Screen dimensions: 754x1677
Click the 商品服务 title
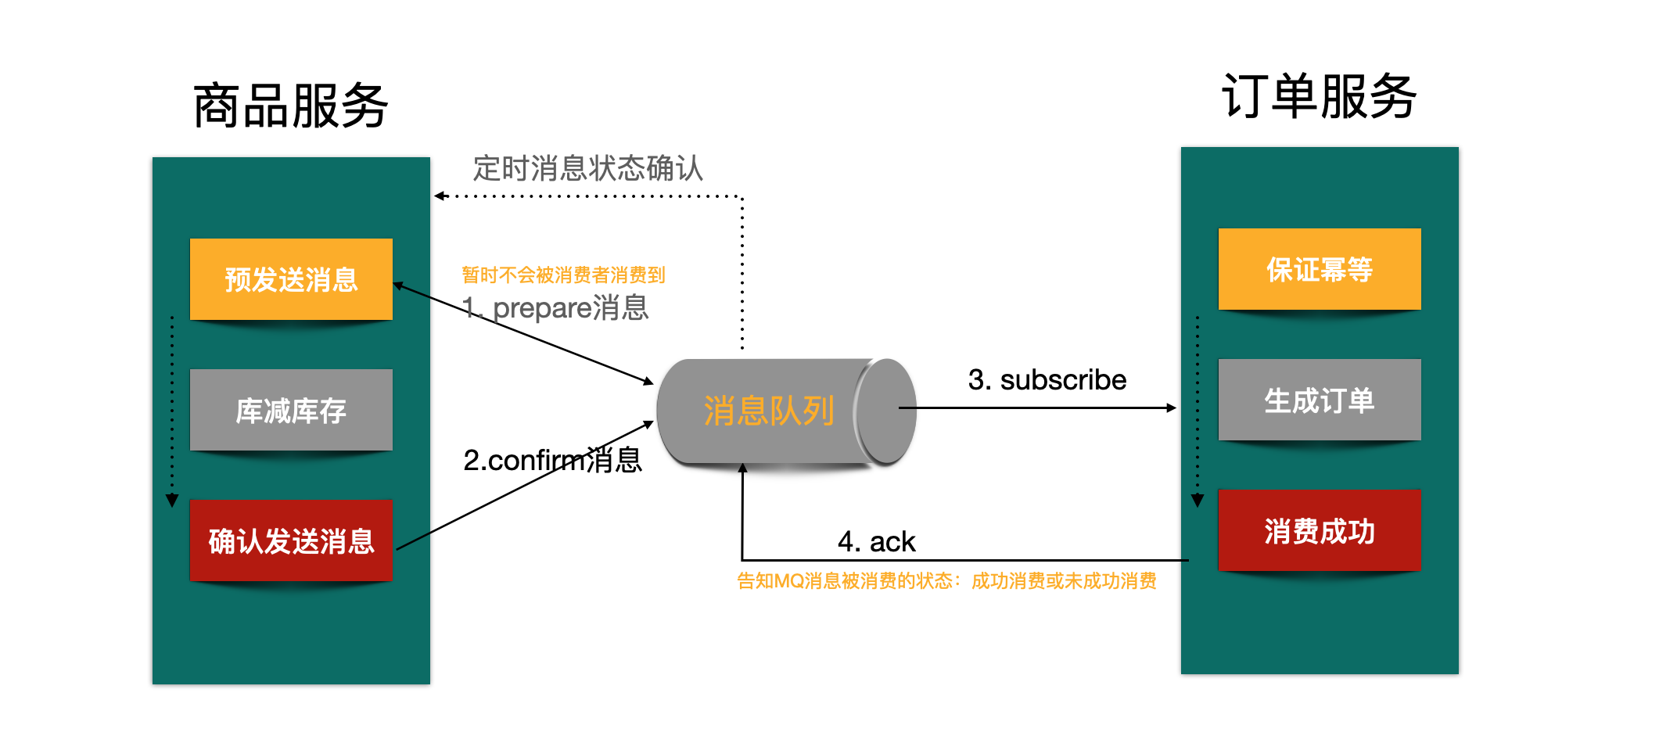click(x=290, y=106)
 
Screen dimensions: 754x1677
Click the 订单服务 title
click(x=1319, y=97)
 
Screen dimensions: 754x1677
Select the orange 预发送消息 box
click(x=291, y=279)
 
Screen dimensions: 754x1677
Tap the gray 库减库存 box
click(x=291, y=410)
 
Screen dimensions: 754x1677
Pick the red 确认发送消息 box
click(x=291, y=540)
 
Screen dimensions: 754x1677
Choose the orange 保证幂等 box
click(x=1320, y=269)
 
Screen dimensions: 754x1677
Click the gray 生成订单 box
click(x=1320, y=400)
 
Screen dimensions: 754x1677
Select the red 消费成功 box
click(x=1320, y=530)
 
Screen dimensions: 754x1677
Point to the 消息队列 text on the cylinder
click(x=769, y=411)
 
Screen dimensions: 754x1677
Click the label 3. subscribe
click(x=1047, y=380)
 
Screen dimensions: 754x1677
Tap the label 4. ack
click(x=876, y=541)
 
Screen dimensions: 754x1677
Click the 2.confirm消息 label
click(x=552, y=460)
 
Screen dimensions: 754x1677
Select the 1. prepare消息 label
click(x=555, y=307)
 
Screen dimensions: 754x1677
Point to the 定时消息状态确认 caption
click(x=588, y=168)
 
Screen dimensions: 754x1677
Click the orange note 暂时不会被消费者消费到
click(x=563, y=275)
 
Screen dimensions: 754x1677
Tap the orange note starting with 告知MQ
click(x=946, y=581)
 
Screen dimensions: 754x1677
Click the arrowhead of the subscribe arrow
click(x=1172, y=408)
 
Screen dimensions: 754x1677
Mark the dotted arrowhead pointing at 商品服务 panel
click(x=440, y=196)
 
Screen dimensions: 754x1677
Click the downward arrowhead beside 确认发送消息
click(x=172, y=501)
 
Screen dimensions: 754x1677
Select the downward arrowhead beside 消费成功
click(x=1198, y=501)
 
